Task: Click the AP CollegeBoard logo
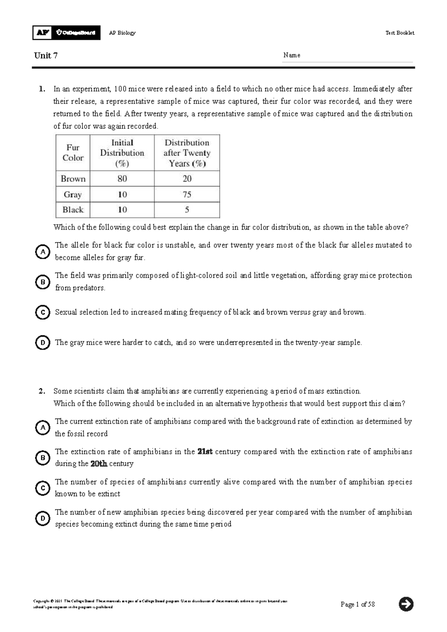pyautogui.click(x=66, y=33)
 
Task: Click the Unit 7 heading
pyautogui.click(x=45, y=56)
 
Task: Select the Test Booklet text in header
pyautogui.click(x=400, y=33)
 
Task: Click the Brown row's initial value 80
pyautogui.click(x=122, y=179)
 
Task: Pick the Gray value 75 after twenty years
pyautogui.click(x=187, y=195)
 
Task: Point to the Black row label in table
pyautogui.click(x=73, y=210)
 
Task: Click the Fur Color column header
pyautogui.click(x=73, y=153)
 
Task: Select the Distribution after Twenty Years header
pyautogui.click(x=187, y=153)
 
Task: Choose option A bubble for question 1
pyautogui.click(x=43, y=252)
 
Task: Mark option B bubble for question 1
pyautogui.click(x=43, y=282)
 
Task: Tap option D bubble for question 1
pyautogui.click(x=43, y=342)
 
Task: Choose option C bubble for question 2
pyautogui.click(x=43, y=488)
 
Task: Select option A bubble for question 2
pyautogui.click(x=43, y=427)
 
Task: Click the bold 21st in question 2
pyautogui.click(x=205, y=452)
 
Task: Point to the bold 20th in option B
pyautogui.click(x=99, y=464)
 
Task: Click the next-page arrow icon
pyautogui.click(x=406, y=604)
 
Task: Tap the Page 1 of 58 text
pyautogui.click(x=358, y=604)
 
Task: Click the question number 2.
pyautogui.click(x=42, y=391)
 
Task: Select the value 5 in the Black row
pyautogui.click(x=187, y=210)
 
